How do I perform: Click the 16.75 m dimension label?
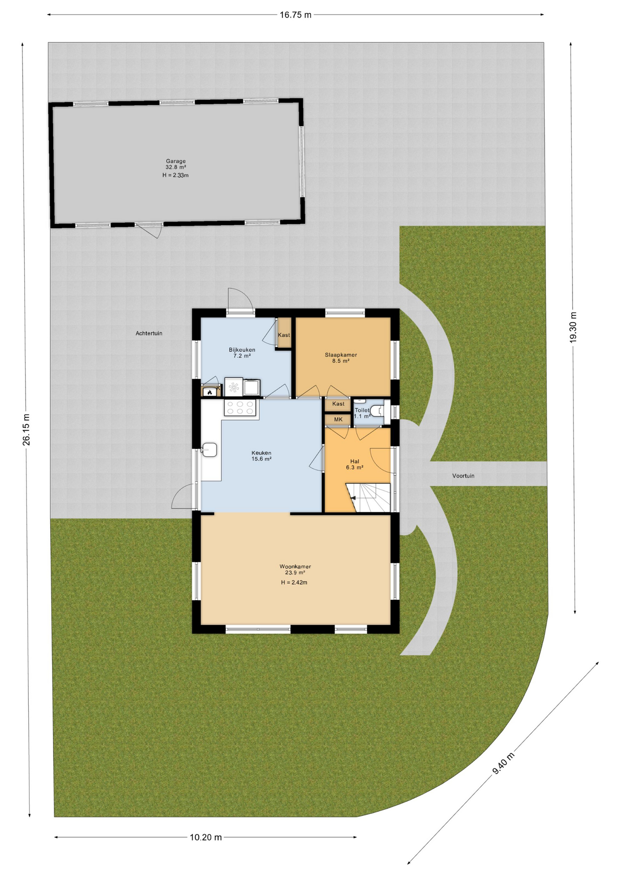coord(295,15)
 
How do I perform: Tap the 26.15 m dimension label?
coord(26,429)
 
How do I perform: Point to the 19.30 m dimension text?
coord(574,327)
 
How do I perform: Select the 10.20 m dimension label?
coord(206,837)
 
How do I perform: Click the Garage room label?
coord(176,161)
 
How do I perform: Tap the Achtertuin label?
coord(149,334)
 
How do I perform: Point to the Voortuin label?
coord(463,476)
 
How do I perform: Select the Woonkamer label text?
coord(295,567)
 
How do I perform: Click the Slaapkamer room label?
coord(341,355)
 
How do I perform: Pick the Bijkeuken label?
coord(242,350)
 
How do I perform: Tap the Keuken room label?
coord(261,453)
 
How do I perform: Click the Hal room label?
coord(355,461)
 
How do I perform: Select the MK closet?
coord(338,419)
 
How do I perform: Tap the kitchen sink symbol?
coord(210,449)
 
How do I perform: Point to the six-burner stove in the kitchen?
coord(240,407)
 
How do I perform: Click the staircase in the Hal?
coord(368,498)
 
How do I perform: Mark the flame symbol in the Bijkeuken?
coord(210,392)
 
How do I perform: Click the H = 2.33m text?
coord(176,175)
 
